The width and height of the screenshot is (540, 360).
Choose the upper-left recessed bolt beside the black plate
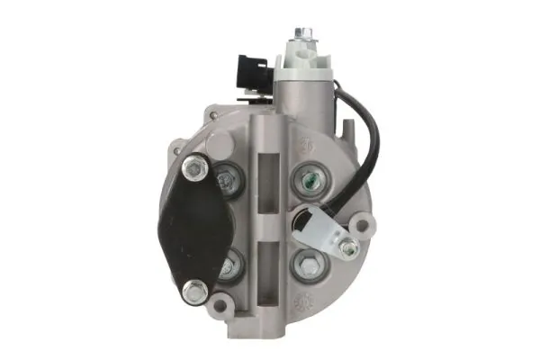[227, 182]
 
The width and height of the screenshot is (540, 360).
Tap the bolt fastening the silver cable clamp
[347, 247]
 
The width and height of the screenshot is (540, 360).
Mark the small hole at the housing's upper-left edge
[212, 113]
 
